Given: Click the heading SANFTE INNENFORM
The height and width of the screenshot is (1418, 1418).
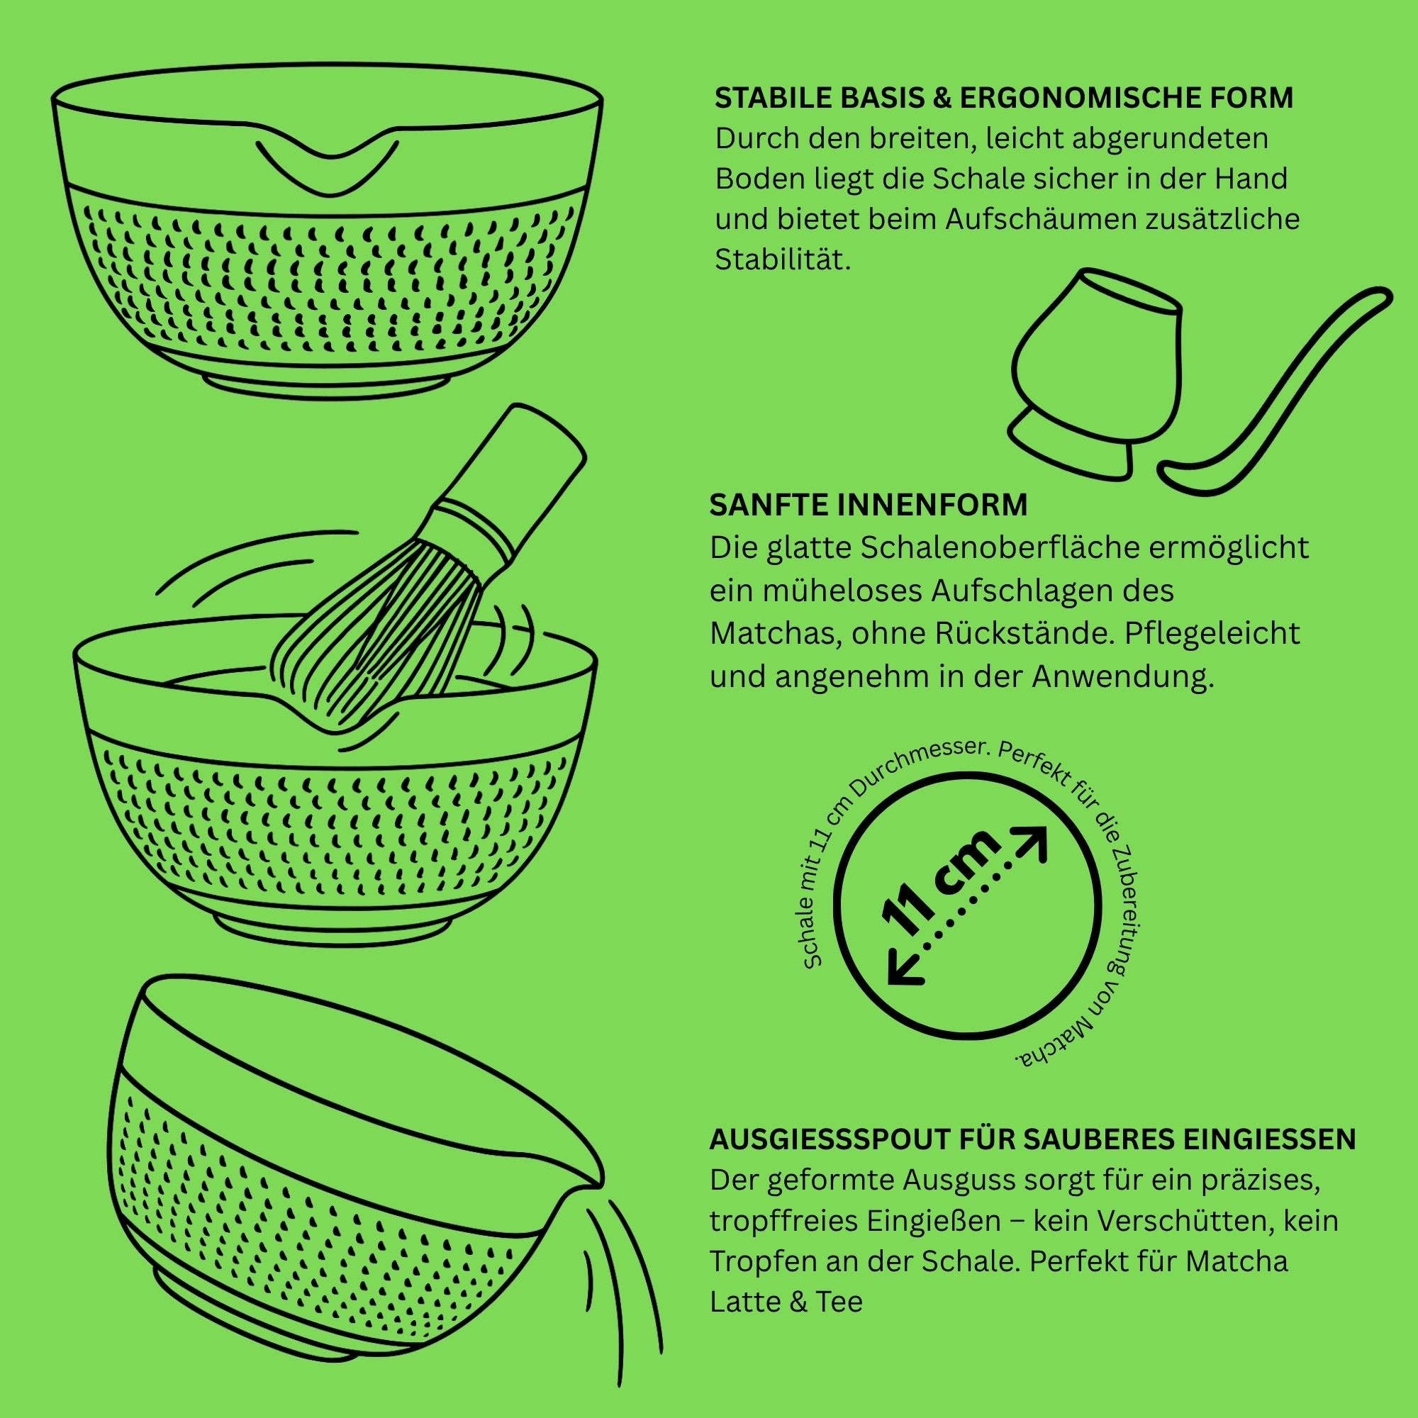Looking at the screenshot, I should [x=869, y=505].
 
